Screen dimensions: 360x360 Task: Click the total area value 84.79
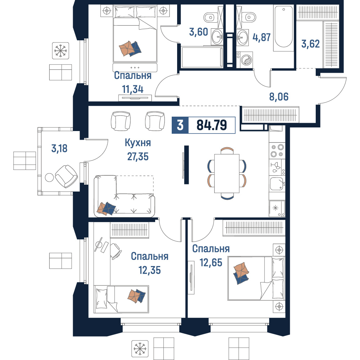212,125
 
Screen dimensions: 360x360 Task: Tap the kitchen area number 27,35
138,157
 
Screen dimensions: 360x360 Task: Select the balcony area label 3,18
59,149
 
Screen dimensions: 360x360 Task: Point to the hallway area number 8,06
279,97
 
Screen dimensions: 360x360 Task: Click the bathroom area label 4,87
261,37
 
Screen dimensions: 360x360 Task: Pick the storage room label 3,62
310,44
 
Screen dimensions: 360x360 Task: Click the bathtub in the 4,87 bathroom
284,28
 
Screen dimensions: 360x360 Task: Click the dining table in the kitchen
227,174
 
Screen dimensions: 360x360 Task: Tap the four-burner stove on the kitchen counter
277,150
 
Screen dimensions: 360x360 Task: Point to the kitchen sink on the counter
277,184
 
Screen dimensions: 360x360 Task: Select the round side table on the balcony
49,177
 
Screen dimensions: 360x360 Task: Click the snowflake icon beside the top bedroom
60,51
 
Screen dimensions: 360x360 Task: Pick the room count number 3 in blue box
180,125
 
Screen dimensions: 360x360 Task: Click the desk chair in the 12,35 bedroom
116,251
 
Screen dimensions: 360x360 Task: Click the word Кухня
138,143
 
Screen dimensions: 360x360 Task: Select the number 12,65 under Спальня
211,262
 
